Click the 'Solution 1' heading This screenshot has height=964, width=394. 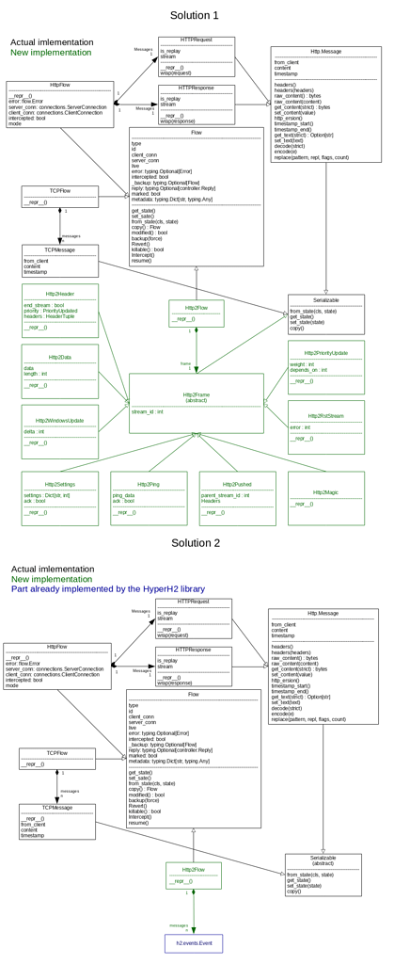tap(195, 15)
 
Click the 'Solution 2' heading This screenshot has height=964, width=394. tap(195, 543)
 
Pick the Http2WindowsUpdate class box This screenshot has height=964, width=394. tap(59, 431)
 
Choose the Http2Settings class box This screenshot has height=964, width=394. tap(59, 498)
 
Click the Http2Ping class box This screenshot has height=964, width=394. tap(149, 498)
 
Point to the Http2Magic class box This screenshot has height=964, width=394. tap(325, 498)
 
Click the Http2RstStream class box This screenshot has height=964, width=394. tap(325, 427)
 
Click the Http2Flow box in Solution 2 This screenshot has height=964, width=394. tap(194, 876)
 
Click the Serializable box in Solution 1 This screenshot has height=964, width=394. tap(325, 313)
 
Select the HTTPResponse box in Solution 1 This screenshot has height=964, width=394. tap(196, 104)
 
